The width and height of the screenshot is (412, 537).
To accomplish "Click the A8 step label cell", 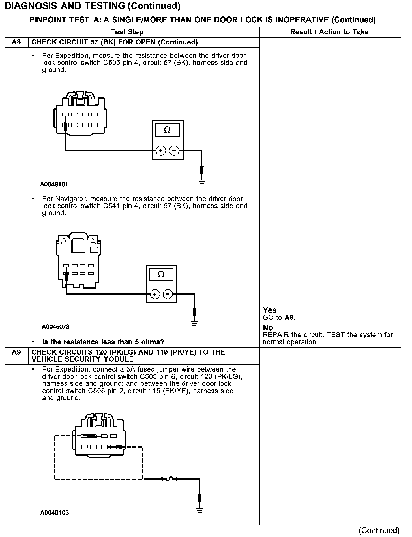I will [16, 42].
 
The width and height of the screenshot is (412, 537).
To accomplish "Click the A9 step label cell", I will [16, 352].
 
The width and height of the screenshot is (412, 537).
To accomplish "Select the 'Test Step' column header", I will [127, 32].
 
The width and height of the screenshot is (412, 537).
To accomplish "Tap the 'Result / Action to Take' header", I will [329, 32].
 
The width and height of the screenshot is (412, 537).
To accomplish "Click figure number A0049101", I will [54, 184].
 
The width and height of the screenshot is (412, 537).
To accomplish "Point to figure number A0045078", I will [56, 327].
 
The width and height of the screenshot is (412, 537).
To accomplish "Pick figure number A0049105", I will [55, 513].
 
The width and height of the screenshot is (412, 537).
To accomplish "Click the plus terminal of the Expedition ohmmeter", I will [161, 151].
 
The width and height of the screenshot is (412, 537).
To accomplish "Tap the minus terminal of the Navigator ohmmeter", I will [168, 294].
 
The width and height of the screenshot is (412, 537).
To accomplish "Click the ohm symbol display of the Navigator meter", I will [161, 274].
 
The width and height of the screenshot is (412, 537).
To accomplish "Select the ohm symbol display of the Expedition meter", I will [167, 130].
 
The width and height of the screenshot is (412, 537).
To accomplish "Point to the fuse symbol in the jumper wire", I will [169, 479].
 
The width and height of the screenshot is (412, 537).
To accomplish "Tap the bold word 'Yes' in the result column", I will [270, 310].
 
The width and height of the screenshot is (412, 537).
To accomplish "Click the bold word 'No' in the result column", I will [268, 328].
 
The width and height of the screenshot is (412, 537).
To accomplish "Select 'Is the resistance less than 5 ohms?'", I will [103, 342].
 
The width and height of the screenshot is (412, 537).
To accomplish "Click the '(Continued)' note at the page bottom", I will [379, 530].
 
